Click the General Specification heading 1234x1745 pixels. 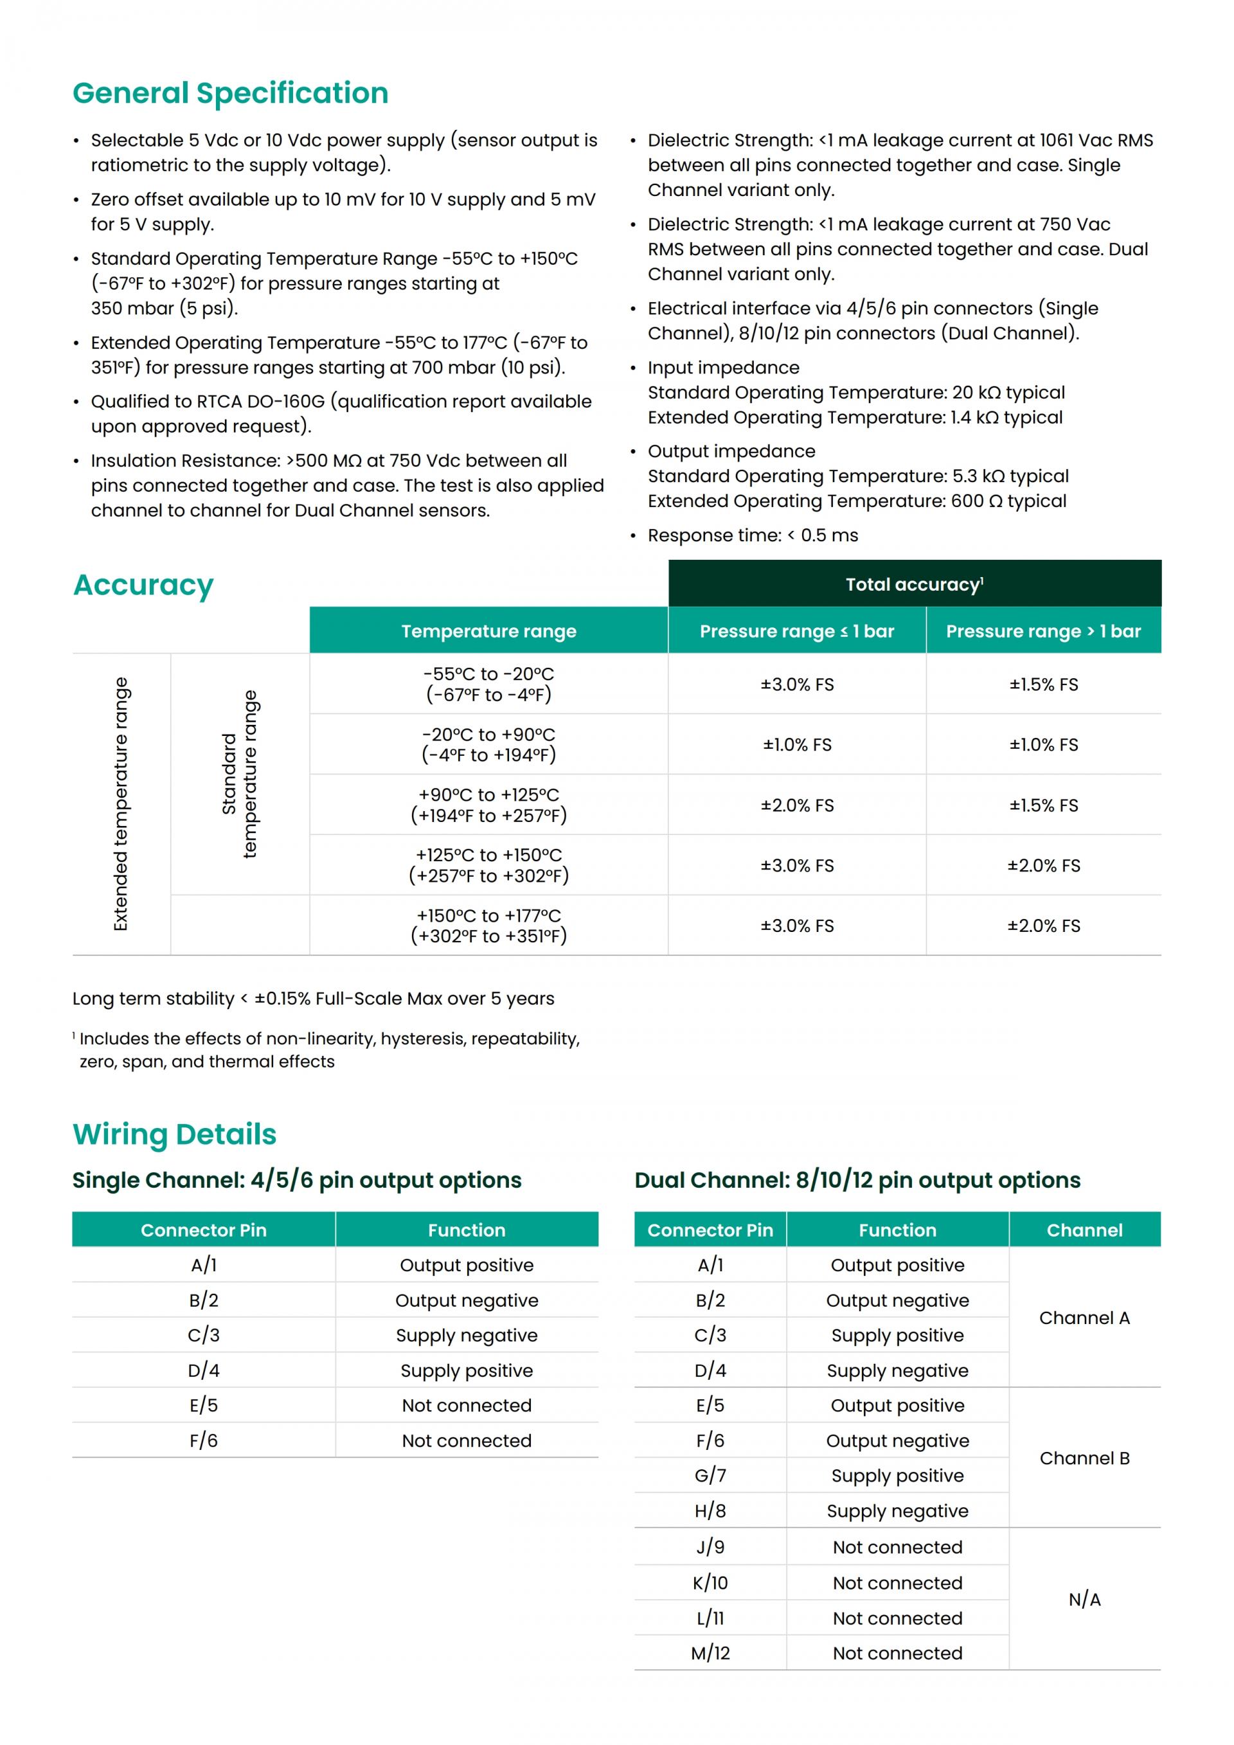230,93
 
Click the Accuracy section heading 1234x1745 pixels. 143,586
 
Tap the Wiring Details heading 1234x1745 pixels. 175,1134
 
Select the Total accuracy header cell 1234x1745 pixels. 914,584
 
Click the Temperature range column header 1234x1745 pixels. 488,631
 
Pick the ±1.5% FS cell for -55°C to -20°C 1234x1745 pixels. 1043,684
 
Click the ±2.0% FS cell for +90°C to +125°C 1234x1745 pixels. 797,805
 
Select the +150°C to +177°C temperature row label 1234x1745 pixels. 488,926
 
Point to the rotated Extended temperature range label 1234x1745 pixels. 121,804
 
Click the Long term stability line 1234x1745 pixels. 313,999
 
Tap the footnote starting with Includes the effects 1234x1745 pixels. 329,1050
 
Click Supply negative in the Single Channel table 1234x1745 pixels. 467,1336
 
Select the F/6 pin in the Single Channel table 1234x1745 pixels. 204,1440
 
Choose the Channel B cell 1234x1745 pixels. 1084,1458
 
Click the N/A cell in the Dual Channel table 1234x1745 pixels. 1084,1599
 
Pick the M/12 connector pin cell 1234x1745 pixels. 710,1653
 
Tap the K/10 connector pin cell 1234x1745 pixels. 710,1582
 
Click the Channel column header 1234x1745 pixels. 1084,1230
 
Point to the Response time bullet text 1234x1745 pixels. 752,535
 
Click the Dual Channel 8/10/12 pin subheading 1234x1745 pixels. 857,1180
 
